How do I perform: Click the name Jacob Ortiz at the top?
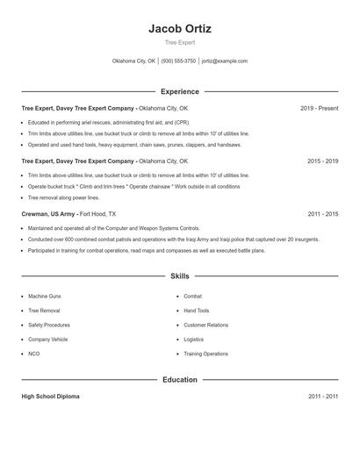[180, 28]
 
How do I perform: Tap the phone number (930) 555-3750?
[178, 61]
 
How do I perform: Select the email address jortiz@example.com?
[225, 61]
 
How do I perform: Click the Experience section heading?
[180, 91]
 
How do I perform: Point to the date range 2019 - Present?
[319, 109]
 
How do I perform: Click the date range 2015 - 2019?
[322, 161]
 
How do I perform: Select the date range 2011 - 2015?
[322, 214]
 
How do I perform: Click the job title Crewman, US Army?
[48, 214]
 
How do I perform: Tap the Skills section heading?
[180, 275]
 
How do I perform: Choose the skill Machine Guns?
[44, 297]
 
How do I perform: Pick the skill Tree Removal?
[44, 311]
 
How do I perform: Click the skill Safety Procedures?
[49, 325]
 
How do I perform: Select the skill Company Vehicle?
[47, 339]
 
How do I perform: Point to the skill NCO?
[33, 354]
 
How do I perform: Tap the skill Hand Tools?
[196, 311]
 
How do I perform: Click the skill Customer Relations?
[205, 325]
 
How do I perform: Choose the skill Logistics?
[193, 339]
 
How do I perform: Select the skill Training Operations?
[205, 354]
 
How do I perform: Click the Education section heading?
[180, 380]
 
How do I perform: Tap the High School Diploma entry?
[50, 397]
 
